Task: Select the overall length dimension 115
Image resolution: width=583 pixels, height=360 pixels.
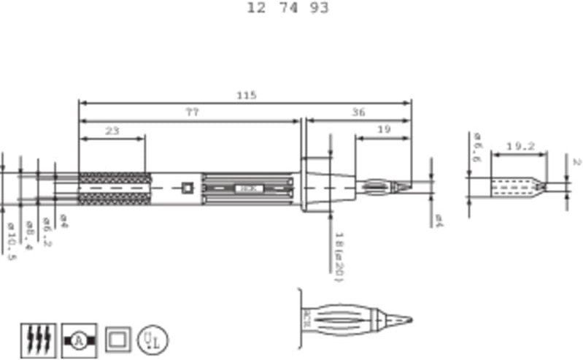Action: [247, 95]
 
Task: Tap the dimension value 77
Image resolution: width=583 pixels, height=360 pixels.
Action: [191, 112]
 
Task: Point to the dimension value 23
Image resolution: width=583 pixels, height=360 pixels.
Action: [112, 131]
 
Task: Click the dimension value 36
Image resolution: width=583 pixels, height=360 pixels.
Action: [358, 112]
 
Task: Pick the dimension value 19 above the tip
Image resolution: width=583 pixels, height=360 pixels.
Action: [383, 129]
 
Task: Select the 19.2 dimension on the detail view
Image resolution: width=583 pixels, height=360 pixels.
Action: [520, 147]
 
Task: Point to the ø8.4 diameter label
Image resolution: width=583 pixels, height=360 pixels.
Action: [28, 235]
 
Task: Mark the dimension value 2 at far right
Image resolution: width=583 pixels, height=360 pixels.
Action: [575, 162]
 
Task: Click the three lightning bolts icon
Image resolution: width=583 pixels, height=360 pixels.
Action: [37, 339]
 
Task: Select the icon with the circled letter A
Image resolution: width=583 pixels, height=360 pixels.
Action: [79, 339]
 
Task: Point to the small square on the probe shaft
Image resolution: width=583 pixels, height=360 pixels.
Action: [188, 188]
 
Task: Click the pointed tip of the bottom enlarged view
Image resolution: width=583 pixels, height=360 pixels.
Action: [409, 320]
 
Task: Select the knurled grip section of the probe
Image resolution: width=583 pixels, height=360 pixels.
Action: [113, 188]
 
